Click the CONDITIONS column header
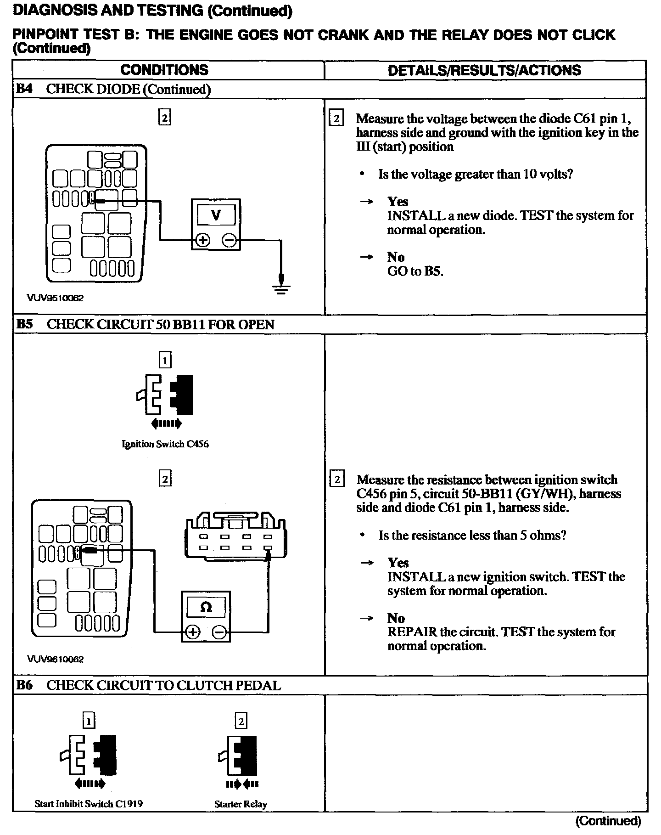tap(164, 70)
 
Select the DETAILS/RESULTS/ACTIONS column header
tap(484, 70)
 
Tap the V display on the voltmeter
tap(216, 215)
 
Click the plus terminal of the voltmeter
tap(203, 240)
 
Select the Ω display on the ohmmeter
tap(206, 607)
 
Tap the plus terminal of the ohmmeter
tap(192, 632)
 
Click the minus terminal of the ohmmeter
tap(219, 632)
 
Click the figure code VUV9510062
tap(55, 298)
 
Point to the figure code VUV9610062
tap(55, 659)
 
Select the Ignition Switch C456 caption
tap(165, 444)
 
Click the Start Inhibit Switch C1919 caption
tap(89, 804)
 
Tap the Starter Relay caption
tap(241, 804)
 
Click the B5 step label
tap(24, 324)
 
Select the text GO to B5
tap(415, 271)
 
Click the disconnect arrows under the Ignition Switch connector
tap(166, 423)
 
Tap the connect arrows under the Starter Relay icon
tap(242, 783)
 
